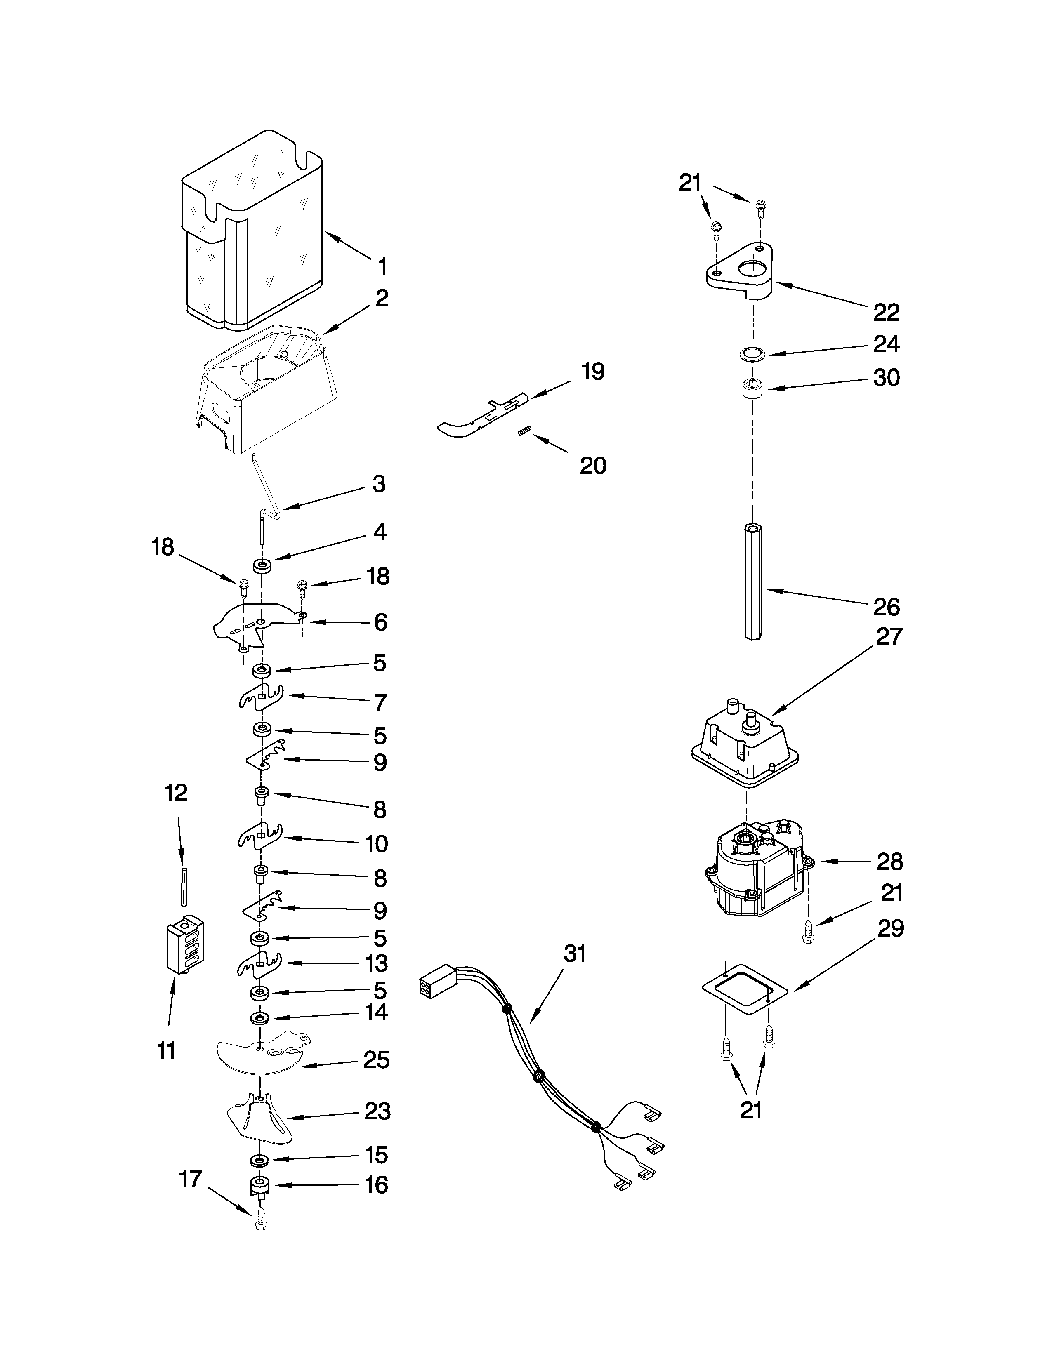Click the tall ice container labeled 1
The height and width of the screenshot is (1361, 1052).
click(252, 231)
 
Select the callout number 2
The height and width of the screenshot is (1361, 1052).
click(382, 298)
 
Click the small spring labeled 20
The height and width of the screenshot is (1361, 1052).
click(525, 431)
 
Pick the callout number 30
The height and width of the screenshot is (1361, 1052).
click(886, 378)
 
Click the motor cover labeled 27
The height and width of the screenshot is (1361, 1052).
click(745, 745)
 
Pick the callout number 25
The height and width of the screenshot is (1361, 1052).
click(376, 1060)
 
